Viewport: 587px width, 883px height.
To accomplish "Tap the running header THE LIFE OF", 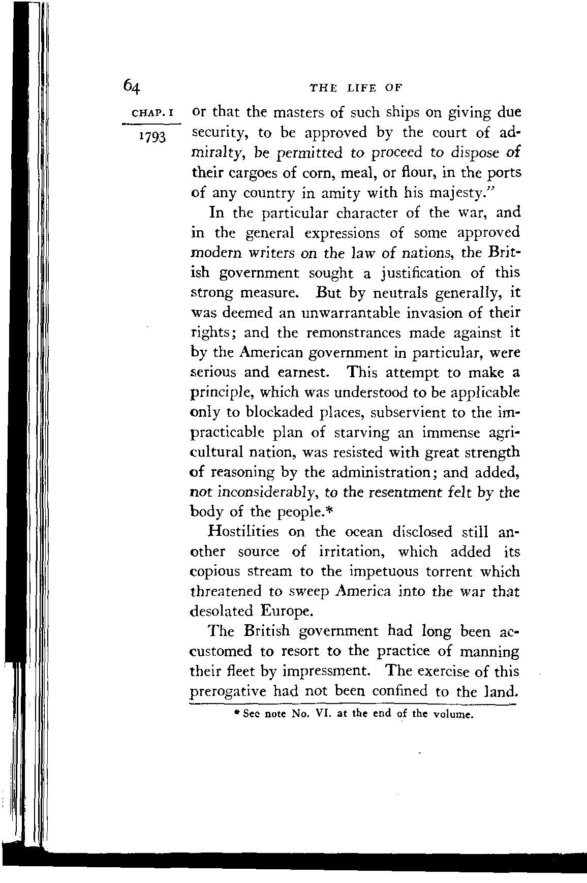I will (355, 87).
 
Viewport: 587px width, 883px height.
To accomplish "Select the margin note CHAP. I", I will (152, 113).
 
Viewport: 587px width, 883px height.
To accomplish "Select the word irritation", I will (351, 552).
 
